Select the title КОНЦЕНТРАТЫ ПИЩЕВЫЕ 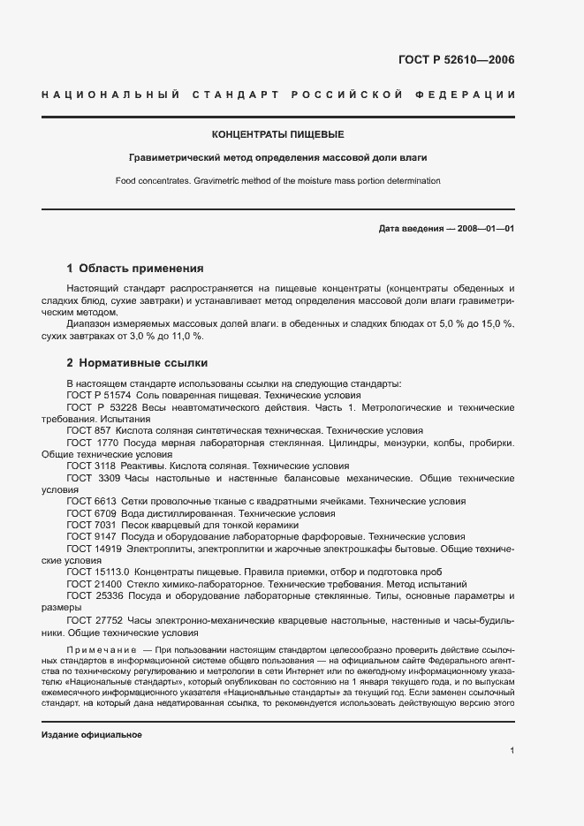277,135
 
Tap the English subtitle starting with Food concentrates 277,180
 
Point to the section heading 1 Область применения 135,268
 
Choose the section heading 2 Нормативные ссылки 137,362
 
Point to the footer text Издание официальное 92,735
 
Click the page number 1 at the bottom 512,751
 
